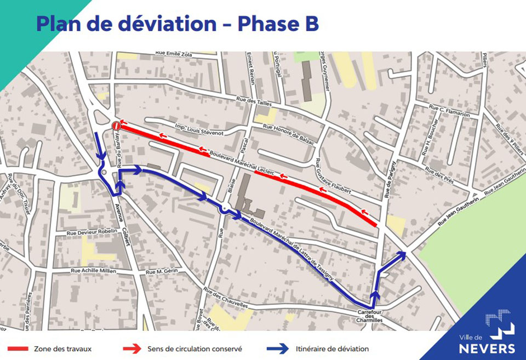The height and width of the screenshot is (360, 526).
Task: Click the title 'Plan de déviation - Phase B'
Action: click(x=177, y=24)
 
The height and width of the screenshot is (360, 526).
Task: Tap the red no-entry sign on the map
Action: click(x=116, y=126)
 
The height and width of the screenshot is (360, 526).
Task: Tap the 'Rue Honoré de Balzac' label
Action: click(x=289, y=133)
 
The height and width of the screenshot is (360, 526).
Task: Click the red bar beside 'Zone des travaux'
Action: click(x=18, y=348)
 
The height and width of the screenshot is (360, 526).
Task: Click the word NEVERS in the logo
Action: click(x=487, y=348)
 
